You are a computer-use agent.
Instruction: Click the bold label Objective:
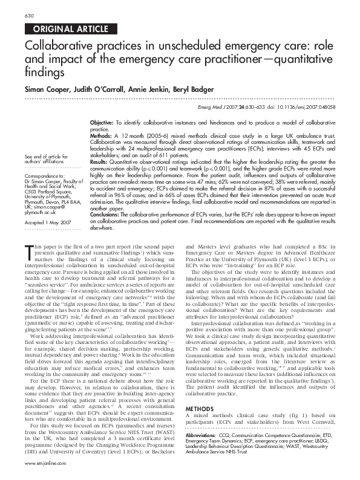click(x=102, y=122)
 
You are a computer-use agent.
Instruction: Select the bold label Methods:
click(x=100, y=136)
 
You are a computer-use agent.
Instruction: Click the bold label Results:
click(x=99, y=162)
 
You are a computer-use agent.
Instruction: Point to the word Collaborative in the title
click(x=57, y=47)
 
